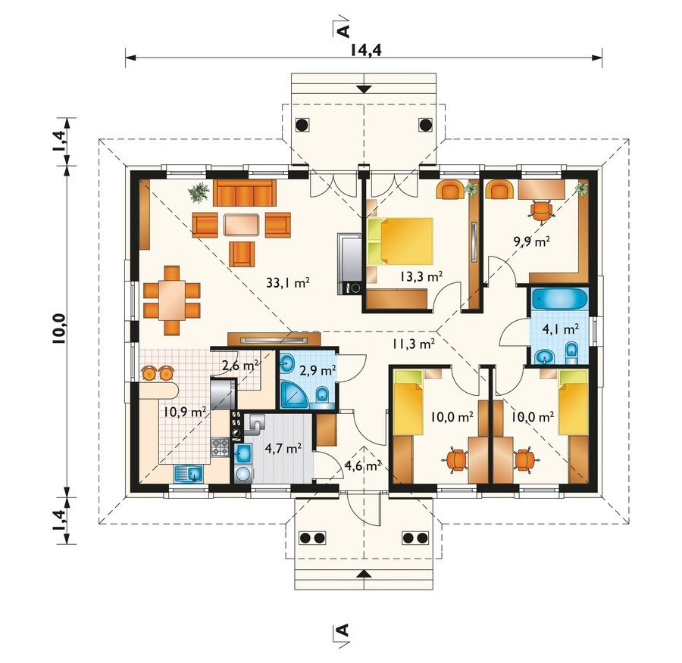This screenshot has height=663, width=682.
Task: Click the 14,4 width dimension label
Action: (x=365, y=51)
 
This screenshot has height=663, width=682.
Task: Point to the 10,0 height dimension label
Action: (x=59, y=328)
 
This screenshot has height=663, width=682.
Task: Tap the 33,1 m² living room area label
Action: (x=288, y=283)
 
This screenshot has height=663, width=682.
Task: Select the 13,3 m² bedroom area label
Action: (x=421, y=276)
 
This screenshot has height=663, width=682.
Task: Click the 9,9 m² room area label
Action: (x=531, y=241)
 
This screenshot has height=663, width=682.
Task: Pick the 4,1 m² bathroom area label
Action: (x=560, y=329)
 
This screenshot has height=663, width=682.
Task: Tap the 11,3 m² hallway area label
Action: (x=413, y=344)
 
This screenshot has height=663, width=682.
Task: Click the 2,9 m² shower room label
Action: (x=318, y=371)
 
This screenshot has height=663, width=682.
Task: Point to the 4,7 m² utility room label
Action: (x=283, y=448)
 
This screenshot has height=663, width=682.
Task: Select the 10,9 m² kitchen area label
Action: (x=185, y=412)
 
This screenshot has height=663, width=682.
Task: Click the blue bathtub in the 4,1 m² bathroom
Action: (x=559, y=300)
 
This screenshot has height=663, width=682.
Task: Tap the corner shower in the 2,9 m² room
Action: (x=293, y=395)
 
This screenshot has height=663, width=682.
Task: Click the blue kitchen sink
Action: (x=189, y=473)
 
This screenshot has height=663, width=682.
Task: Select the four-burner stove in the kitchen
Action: (x=220, y=447)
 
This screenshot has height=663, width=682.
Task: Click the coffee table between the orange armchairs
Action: (x=242, y=225)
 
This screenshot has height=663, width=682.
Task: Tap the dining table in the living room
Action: (x=172, y=300)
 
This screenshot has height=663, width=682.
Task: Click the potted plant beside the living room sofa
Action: (x=199, y=192)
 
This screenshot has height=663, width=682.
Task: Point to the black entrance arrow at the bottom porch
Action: (x=364, y=574)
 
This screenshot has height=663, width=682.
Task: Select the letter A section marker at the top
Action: (x=343, y=31)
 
